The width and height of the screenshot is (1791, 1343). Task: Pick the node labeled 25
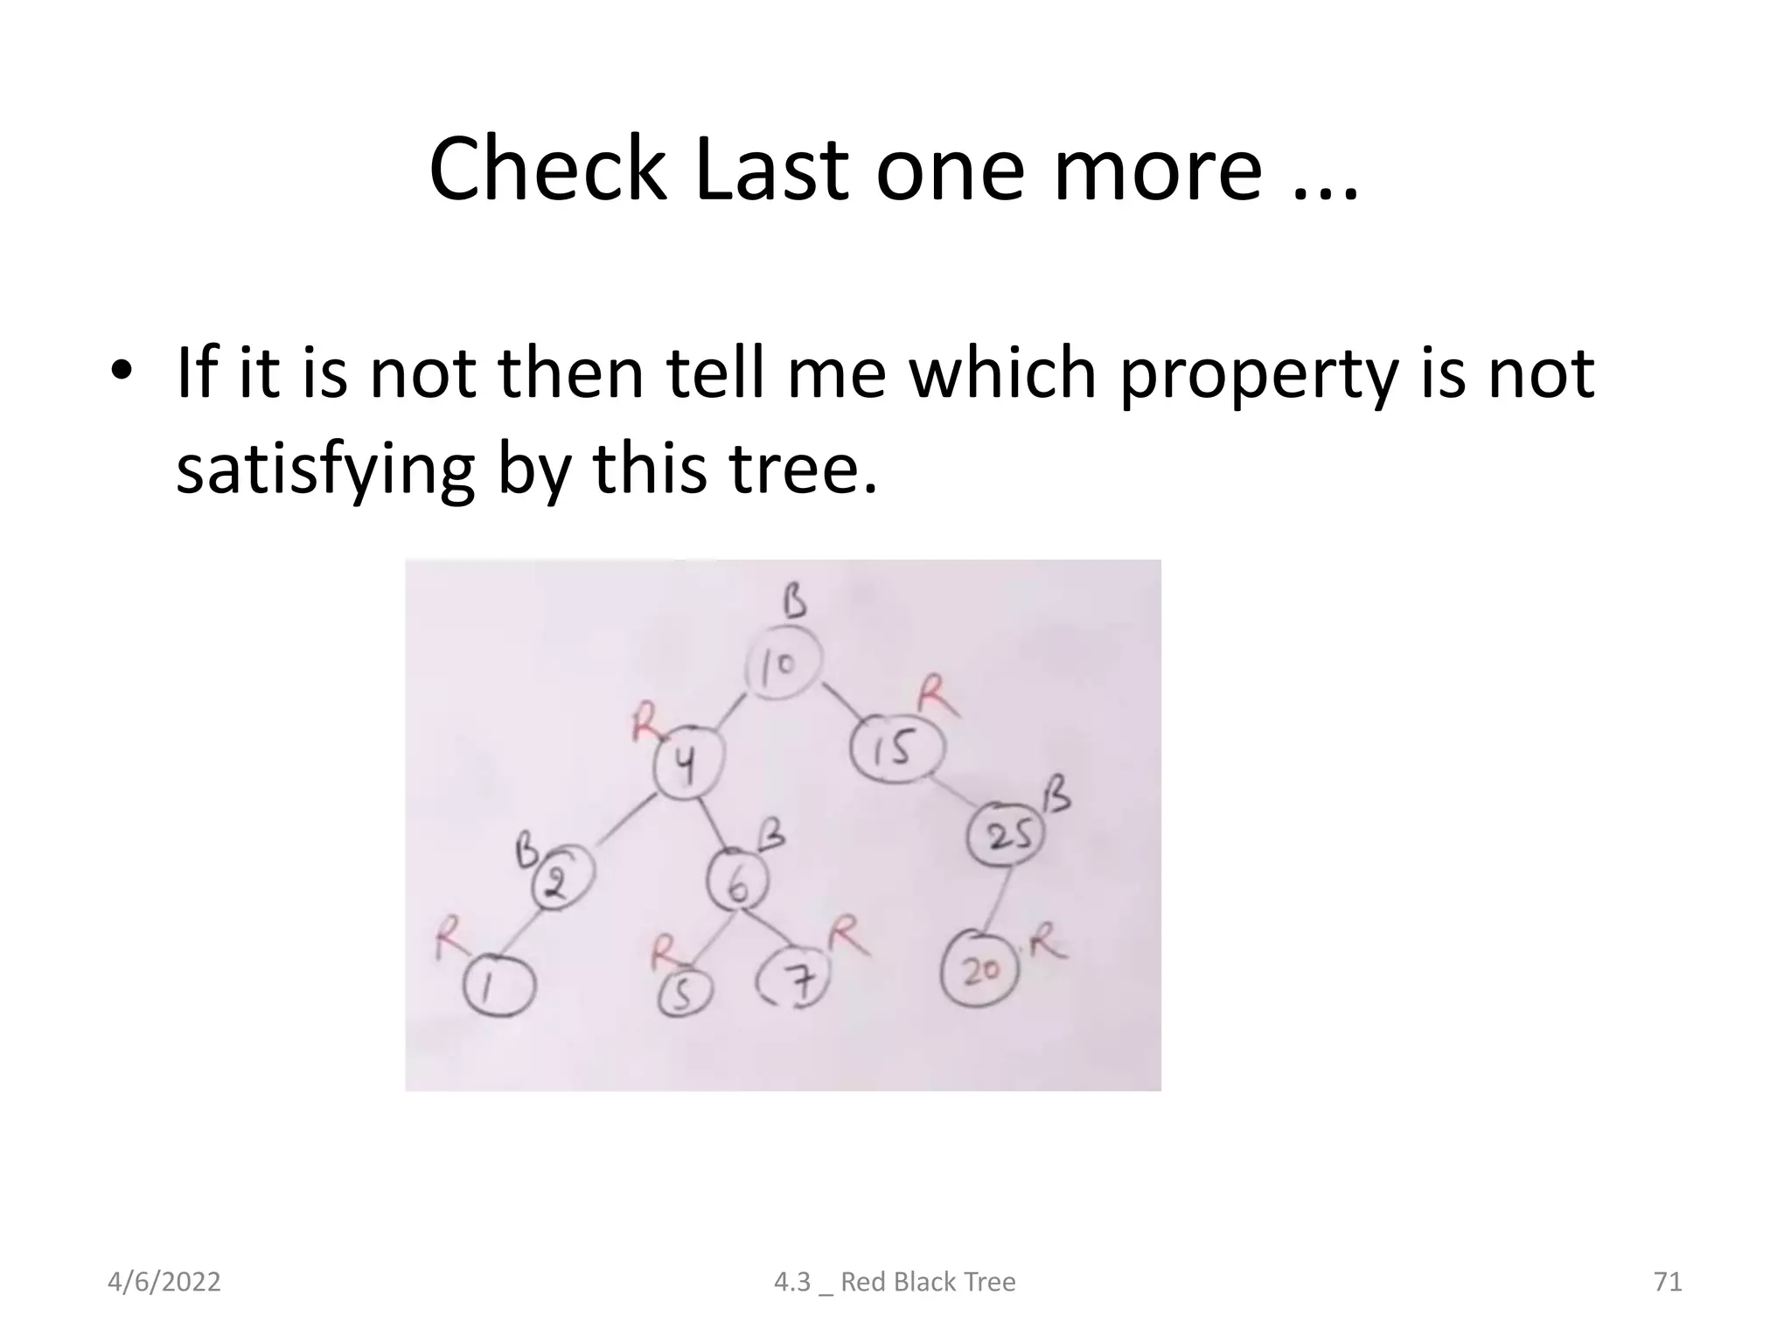1004,834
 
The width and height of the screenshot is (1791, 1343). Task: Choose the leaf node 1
498,985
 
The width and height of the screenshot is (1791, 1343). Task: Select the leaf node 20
979,969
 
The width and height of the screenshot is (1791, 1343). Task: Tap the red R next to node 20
1049,944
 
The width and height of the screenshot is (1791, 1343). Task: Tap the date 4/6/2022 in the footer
164,1282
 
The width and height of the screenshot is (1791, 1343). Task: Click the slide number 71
1668,1282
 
